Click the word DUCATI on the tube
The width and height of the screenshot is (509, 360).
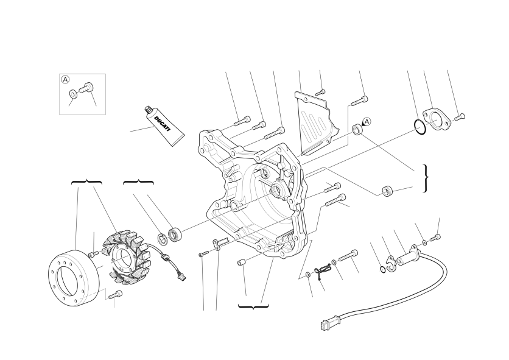(x=162, y=124)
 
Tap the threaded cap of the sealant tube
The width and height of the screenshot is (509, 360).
(x=149, y=110)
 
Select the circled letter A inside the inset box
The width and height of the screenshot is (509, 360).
(x=65, y=79)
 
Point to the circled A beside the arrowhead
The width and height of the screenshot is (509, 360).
(x=367, y=121)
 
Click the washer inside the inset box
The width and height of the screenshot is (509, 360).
(x=73, y=94)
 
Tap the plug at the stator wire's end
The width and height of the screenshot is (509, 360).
(x=184, y=278)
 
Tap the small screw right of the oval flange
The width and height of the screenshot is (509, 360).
(x=460, y=117)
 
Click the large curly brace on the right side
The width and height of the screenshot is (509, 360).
(x=426, y=178)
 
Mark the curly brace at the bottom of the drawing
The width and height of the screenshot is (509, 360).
(x=253, y=306)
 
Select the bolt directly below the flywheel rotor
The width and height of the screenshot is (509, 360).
(x=116, y=295)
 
